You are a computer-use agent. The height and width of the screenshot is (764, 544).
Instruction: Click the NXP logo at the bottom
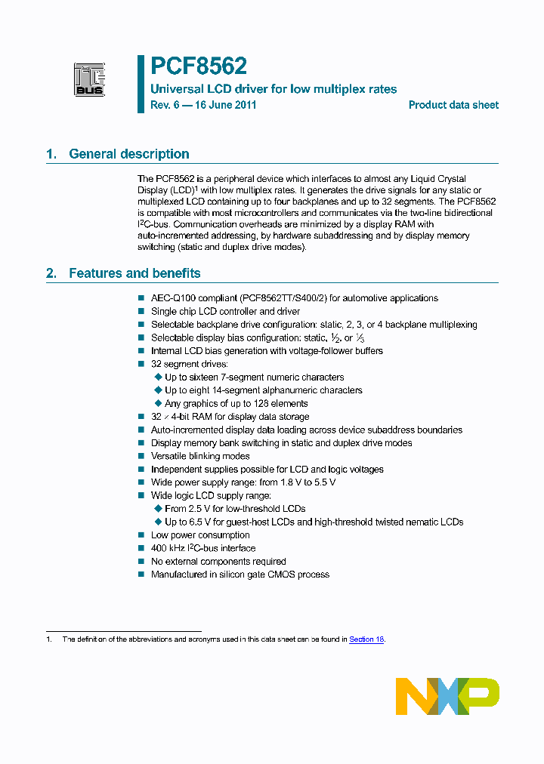pyautogui.click(x=447, y=695)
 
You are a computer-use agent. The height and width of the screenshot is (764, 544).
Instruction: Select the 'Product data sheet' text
pyautogui.click(x=453, y=105)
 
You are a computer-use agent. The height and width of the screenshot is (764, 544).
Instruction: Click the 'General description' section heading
pyautogui.click(x=128, y=154)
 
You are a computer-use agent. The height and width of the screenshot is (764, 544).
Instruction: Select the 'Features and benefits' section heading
pyautogui.click(x=134, y=273)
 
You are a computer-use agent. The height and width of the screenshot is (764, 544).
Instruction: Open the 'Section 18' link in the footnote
pyautogui.click(x=366, y=639)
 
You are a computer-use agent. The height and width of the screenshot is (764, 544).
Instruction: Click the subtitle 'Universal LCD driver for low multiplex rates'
pyautogui.click(x=274, y=89)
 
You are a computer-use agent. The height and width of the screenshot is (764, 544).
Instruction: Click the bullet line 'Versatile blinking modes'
pyautogui.click(x=200, y=456)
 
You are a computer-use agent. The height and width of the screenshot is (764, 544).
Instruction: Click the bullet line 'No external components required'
pyautogui.click(x=218, y=562)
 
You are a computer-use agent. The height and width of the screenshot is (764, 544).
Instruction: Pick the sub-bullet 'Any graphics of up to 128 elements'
pyautogui.click(x=236, y=404)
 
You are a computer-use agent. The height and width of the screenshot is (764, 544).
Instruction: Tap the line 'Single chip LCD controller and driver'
pyautogui.click(x=225, y=311)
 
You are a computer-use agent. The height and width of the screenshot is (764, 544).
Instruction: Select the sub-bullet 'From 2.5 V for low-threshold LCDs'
pyautogui.click(x=235, y=509)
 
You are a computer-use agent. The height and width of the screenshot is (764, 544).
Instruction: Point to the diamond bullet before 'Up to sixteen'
pyautogui.click(x=158, y=377)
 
